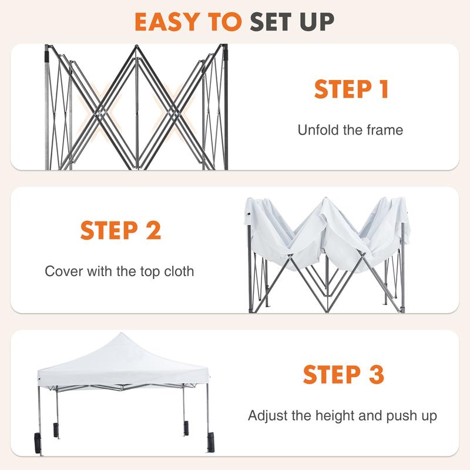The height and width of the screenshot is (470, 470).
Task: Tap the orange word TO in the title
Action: [x=224, y=22]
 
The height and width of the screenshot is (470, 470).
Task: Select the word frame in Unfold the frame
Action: [x=384, y=130]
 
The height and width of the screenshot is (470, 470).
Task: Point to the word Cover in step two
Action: [x=61, y=271]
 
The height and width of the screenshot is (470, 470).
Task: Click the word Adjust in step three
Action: [x=266, y=416]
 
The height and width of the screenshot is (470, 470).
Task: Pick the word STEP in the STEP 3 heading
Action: [x=329, y=374]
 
